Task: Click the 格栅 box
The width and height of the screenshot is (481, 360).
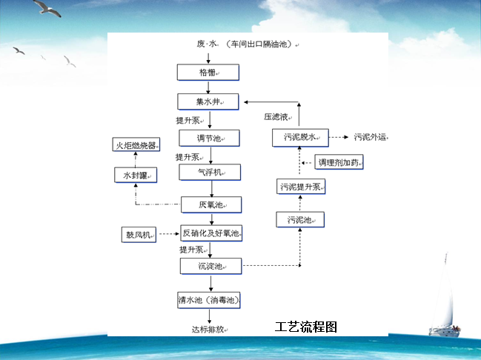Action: click(208, 72)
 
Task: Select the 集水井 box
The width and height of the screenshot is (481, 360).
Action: click(210, 101)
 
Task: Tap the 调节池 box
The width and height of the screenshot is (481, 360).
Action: click(210, 138)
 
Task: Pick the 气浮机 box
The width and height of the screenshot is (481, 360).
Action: click(211, 172)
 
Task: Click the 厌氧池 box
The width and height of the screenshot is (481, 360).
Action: click(211, 204)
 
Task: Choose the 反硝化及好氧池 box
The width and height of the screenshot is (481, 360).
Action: click(211, 233)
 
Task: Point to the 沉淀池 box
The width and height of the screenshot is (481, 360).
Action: click(211, 264)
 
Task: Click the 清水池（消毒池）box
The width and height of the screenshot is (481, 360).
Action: click(210, 300)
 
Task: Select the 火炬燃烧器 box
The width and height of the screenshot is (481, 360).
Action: click(135, 145)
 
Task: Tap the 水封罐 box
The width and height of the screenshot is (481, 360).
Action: click(135, 175)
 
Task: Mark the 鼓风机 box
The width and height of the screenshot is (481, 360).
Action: click(139, 235)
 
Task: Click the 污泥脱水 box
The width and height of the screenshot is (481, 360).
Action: click(300, 136)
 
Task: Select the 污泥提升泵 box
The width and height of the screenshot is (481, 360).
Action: click(300, 187)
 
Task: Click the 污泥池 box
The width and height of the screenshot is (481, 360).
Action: click(300, 219)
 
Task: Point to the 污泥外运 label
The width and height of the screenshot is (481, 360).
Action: click(370, 136)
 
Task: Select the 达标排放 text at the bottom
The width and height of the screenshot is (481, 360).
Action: click(210, 328)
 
